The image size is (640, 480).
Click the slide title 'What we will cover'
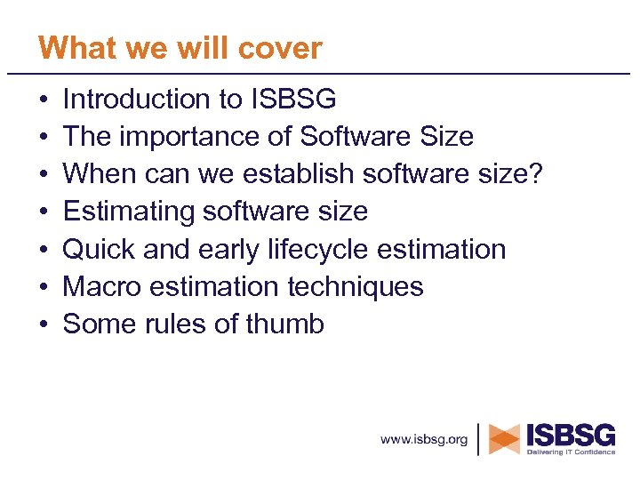tap(180, 48)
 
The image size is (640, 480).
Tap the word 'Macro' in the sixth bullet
tap(101, 286)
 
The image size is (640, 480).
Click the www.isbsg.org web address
tap(424, 440)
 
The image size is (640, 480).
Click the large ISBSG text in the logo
tap(571, 435)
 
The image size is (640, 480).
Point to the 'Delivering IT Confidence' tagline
tap(571, 452)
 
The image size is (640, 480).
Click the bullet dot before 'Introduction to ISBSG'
tap(44, 100)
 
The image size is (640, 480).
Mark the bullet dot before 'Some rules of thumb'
tap(44, 324)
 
